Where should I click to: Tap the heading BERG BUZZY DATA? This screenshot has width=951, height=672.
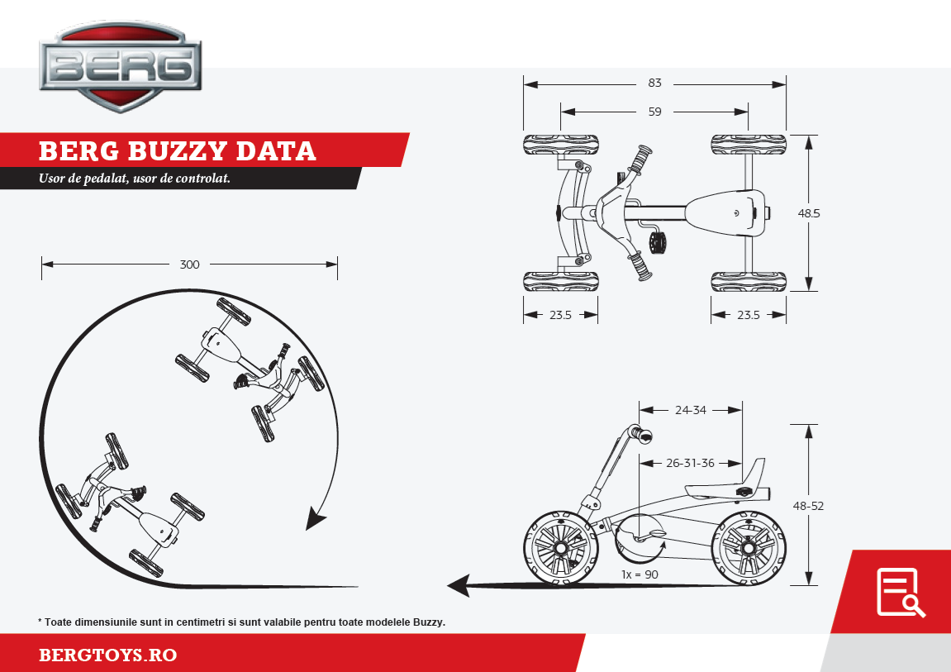(x=178, y=151)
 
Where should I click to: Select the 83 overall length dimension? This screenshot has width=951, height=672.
(x=655, y=83)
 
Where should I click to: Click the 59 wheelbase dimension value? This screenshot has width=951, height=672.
(x=655, y=112)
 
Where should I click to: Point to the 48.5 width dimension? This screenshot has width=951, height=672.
(x=809, y=213)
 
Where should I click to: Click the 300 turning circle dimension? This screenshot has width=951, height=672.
(x=190, y=265)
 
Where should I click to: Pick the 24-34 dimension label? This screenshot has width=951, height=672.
(x=691, y=409)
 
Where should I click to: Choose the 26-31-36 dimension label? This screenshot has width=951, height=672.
(x=691, y=463)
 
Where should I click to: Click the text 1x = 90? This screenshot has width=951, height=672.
(x=640, y=574)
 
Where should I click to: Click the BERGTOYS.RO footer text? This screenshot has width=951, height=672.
(x=108, y=655)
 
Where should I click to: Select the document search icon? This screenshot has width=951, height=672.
(x=900, y=593)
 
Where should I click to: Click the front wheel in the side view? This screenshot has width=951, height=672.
(x=560, y=548)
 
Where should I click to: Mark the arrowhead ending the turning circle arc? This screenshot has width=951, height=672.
(x=315, y=520)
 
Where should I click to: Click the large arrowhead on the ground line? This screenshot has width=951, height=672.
(x=459, y=586)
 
